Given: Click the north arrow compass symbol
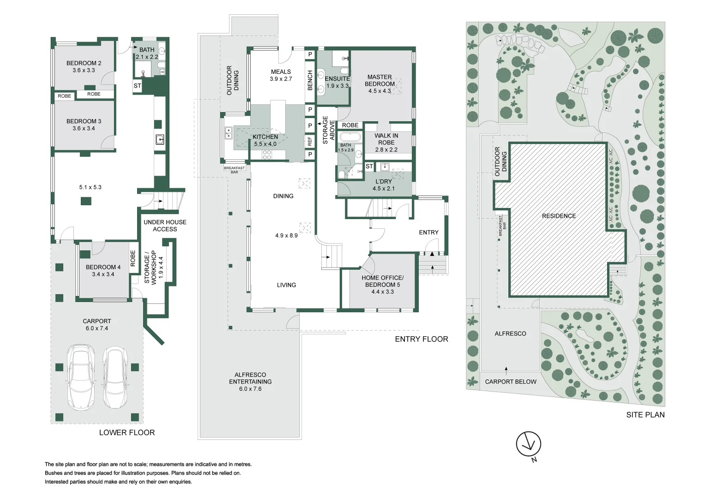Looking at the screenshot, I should (x=528, y=445).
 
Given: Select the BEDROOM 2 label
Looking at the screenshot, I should (x=84, y=66).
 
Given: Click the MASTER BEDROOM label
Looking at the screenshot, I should (x=380, y=84).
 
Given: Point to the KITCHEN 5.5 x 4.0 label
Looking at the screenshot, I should (x=265, y=140).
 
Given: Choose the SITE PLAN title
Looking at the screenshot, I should (x=645, y=415).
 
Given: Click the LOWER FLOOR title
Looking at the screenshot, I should (x=127, y=433).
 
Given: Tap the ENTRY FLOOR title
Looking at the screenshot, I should (x=421, y=339).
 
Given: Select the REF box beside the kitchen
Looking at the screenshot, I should (x=310, y=141).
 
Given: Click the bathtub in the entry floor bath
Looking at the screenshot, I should (x=350, y=137).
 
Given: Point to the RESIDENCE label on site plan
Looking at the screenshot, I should (x=559, y=216).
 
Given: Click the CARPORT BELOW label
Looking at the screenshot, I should (x=511, y=382).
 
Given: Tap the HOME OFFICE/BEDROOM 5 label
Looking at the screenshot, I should (x=382, y=285).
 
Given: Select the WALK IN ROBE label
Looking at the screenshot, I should (x=386, y=142).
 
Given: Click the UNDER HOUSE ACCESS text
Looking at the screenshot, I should (x=165, y=225).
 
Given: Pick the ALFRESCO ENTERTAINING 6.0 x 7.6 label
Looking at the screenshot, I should (x=250, y=382).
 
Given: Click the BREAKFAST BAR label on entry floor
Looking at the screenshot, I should (x=235, y=170).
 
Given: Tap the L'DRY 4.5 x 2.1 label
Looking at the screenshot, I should (x=383, y=185).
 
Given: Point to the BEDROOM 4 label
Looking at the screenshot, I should (x=103, y=271).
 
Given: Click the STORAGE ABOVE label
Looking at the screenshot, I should (x=328, y=130).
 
